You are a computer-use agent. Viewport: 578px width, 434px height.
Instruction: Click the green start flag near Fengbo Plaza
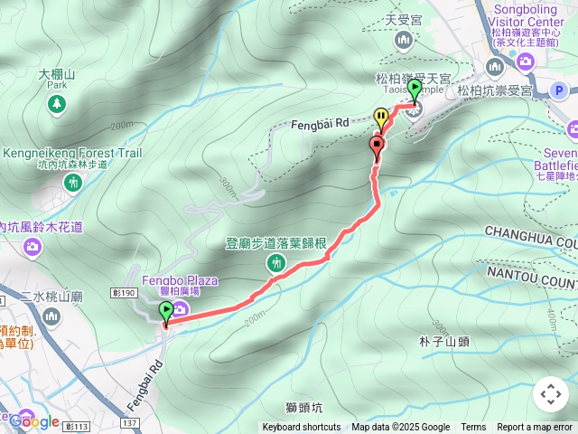click(166, 313)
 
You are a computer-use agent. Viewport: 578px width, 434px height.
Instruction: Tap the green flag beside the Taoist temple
click(415, 90)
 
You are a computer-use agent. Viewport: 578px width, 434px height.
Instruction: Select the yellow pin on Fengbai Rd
click(381, 117)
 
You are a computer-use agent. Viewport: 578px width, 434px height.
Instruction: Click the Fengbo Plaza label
click(180, 280)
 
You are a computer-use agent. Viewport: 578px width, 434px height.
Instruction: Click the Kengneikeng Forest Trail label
click(73, 154)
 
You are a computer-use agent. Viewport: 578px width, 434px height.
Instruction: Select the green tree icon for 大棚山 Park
click(57, 105)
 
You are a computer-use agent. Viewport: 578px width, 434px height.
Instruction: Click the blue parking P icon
click(559, 90)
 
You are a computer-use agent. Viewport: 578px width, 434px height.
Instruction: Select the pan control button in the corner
click(550, 394)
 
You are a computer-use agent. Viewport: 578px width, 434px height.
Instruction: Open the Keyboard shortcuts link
click(302, 428)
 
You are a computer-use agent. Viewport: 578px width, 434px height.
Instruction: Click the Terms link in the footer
click(473, 428)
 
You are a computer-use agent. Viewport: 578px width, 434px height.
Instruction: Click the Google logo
click(34, 420)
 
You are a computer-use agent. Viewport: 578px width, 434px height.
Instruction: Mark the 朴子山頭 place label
click(444, 342)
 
